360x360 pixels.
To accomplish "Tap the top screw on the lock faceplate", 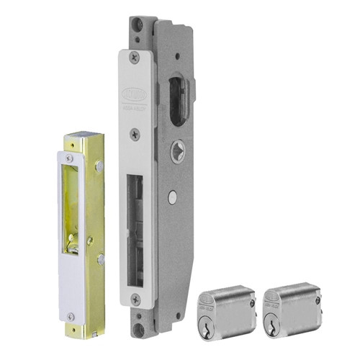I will click(135, 57).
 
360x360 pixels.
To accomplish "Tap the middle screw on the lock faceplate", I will click(135, 133).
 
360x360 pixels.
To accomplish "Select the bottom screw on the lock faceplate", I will click(135, 298).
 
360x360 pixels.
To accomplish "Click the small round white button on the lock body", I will click(171, 195).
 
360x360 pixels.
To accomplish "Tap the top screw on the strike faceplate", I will click(69, 158).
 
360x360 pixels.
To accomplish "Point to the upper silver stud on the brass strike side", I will click(99, 166).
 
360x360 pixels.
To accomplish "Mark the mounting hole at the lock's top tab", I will click(134, 25).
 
